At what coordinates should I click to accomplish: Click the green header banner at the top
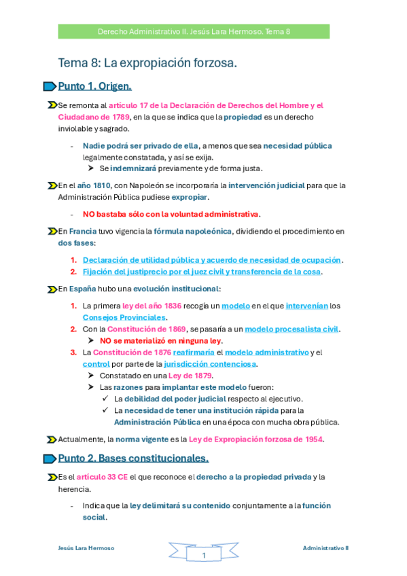click(x=194, y=31)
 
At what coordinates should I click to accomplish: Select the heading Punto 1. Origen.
click(x=94, y=86)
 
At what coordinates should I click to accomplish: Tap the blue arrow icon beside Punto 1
click(x=49, y=86)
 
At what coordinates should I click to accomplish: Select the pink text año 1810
click(x=93, y=185)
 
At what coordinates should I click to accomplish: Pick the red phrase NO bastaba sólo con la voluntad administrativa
click(x=171, y=214)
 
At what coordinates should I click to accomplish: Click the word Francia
click(x=83, y=231)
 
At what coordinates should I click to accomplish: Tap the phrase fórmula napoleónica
click(x=192, y=231)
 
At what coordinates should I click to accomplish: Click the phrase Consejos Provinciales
click(x=124, y=317)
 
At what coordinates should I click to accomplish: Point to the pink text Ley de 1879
click(x=192, y=375)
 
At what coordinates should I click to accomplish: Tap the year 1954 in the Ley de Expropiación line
click(x=312, y=439)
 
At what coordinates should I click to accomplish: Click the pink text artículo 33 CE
click(x=102, y=477)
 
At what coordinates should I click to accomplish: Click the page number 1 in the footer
click(x=203, y=556)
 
